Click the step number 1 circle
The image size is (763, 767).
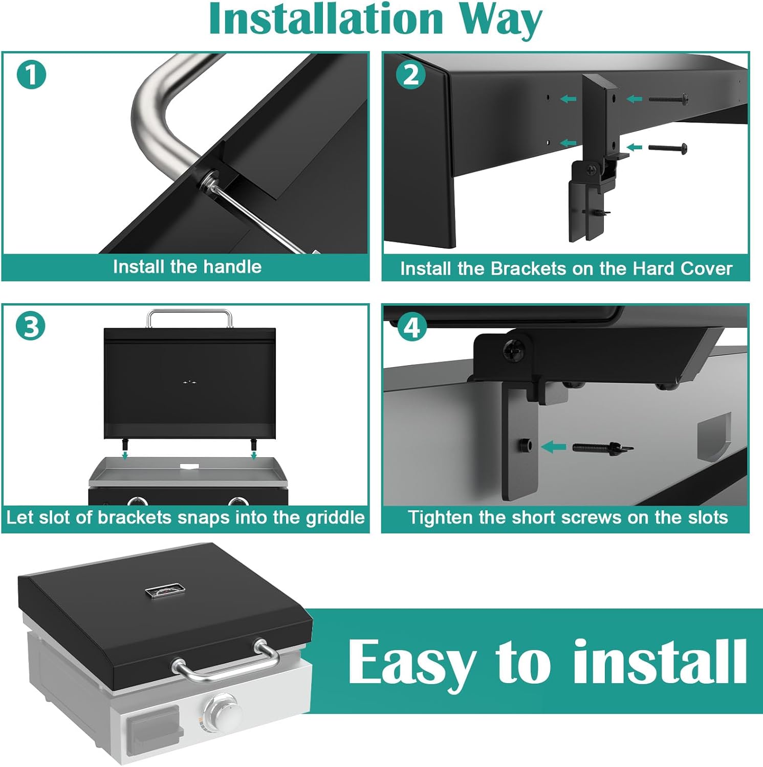point(31,75)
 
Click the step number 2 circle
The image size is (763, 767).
point(411,75)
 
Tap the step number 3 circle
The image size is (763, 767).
point(31,326)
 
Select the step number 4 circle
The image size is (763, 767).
point(412,327)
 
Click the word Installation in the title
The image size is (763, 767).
point(326,19)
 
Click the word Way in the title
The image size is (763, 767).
point(500,21)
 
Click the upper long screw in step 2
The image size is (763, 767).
point(668,99)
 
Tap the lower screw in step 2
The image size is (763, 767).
point(667,148)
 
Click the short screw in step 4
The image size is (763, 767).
point(603,447)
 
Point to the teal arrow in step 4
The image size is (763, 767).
point(553,447)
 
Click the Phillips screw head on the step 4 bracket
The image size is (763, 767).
point(512,350)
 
